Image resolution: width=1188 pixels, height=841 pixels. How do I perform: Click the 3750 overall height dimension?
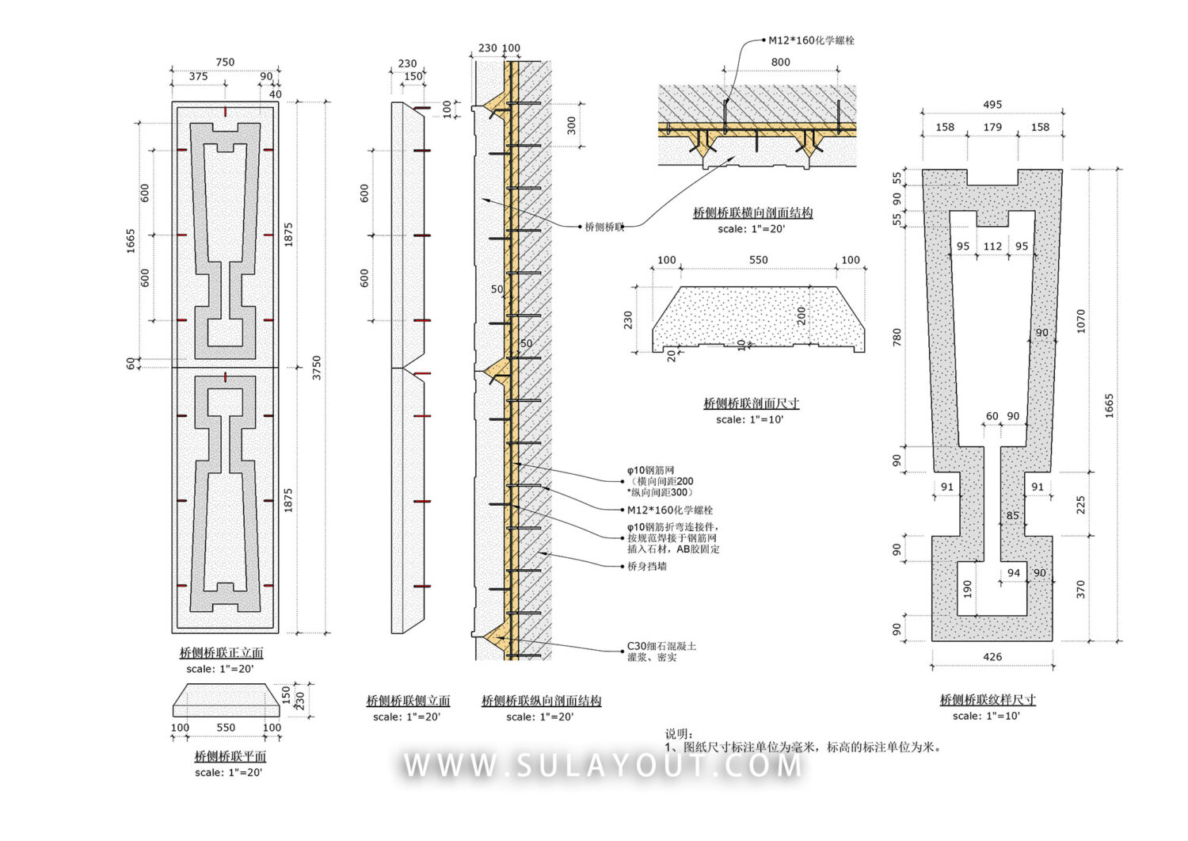tap(317, 367)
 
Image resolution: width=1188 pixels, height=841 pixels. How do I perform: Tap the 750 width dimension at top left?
tap(225, 62)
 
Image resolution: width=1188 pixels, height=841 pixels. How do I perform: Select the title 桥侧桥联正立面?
tap(221, 653)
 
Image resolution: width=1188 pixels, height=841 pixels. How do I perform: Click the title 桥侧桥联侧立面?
tap(408, 701)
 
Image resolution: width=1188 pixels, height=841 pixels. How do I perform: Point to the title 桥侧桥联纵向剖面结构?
tap(541, 701)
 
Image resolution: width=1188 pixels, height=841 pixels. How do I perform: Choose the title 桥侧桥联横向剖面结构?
tap(752, 212)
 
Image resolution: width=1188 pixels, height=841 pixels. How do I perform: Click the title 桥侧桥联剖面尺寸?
tap(751, 403)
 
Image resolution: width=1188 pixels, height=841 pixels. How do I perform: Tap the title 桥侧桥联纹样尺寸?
tap(988, 700)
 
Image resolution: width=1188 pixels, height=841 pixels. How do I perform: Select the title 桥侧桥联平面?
tap(230, 757)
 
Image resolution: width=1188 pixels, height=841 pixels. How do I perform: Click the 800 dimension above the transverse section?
tap(780, 62)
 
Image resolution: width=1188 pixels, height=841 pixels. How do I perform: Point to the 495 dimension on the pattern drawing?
tap(992, 105)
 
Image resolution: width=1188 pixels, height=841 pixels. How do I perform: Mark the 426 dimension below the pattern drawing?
tap(992, 656)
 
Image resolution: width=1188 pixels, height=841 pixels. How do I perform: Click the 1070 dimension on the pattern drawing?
tap(1081, 320)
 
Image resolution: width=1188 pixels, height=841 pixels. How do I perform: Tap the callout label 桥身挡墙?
tap(647, 566)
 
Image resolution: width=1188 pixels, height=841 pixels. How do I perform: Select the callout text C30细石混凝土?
tap(661, 646)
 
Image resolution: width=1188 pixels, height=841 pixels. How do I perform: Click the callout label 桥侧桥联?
tap(604, 227)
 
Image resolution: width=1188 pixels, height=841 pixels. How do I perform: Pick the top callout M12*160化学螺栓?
tap(811, 40)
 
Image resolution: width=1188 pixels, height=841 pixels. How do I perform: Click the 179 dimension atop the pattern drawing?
tap(992, 127)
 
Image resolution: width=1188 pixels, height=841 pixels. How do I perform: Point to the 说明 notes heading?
tap(679, 734)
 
